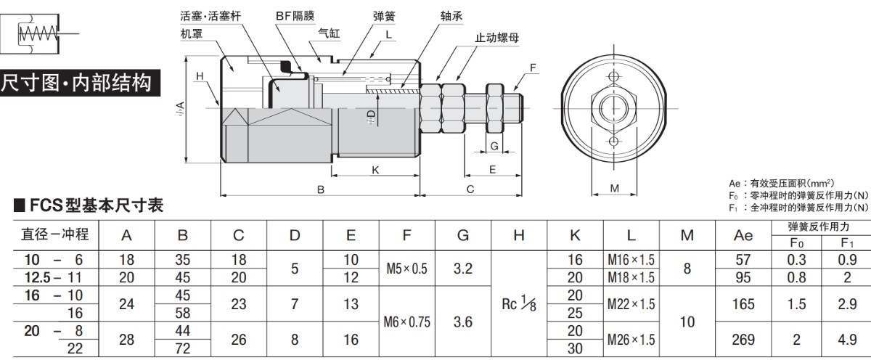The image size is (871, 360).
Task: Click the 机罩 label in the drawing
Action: pyautogui.click(x=191, y=33)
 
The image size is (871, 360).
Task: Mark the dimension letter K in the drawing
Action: pyautogui.click(x=375, y=170)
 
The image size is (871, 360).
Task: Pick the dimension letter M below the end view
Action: pyautogui.click(x=614, y=189)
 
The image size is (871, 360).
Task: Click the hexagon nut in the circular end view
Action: pyautogui.click(x=614, y=109)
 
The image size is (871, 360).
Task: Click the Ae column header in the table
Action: pyautogui.click(x=744, y=235)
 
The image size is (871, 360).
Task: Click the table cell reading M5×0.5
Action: pyautogui.click(x=407, y=269)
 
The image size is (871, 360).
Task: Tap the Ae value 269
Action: pyautogui.click(x=744, y=340)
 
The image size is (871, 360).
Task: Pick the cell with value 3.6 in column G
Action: pyautogui.click(x=463, y=322)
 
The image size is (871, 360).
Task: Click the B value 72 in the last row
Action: pyautogui.click(x=183, y=349)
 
